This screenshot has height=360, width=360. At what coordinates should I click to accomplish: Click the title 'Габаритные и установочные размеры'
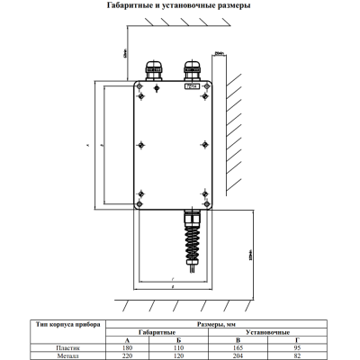pyautogui.click(x=179, y=6)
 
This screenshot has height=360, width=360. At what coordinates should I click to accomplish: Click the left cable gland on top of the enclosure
pyautogui.click(x=153, y=72)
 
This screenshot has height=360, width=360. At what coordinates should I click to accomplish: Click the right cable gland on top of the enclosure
pyautogui.click(x=191, y=71)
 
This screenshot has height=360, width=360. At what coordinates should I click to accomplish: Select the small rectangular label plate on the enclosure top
pyautogui.click(x=191, y=86)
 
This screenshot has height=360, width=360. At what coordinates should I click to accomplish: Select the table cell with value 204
pyautogui.click(x=237, y=355)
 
